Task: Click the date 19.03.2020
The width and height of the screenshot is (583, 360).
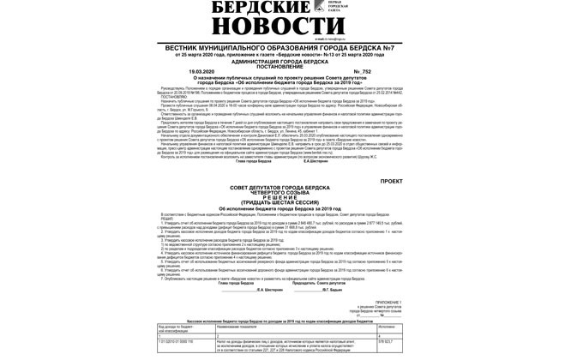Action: [x=201, y=71]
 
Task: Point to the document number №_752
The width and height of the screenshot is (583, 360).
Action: [x=362, y=71]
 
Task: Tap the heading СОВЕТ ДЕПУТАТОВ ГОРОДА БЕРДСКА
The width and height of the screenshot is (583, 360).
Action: [x=279, y=187]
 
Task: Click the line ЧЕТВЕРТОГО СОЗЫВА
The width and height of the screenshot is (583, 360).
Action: [x=279, y=192]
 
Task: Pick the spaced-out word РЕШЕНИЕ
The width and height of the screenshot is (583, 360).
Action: [x=279, y=197]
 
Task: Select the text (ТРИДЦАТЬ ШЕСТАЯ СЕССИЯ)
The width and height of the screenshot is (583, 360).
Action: [x=279, y=202]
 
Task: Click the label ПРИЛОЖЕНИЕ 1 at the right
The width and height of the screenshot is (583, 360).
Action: [x=388, y=302]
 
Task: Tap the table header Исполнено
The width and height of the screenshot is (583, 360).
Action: [x=387, y=327]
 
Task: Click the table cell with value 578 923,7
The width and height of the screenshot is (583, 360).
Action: [x=386, y=341]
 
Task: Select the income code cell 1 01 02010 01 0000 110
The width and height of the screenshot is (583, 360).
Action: [x=176, y=341]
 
